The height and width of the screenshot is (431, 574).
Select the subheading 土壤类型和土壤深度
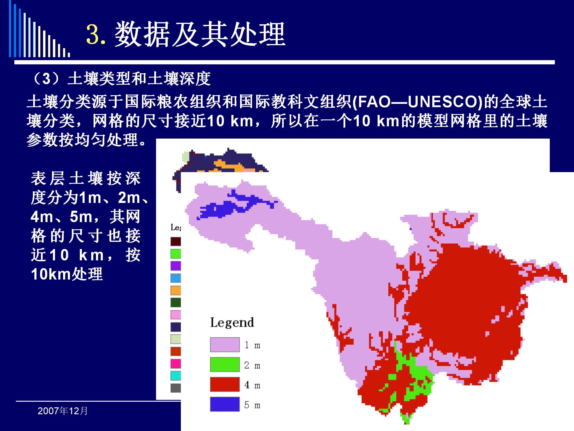[x=139, y=79]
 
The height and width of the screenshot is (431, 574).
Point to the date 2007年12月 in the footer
[x=63, y=411]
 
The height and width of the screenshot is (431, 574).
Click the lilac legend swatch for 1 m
[x=225, y=345]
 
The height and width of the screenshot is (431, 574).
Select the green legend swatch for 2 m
[x=225, y=365]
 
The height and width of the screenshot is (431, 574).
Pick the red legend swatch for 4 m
[x=225, y=384]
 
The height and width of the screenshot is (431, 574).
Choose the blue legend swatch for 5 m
[x=225, y=404]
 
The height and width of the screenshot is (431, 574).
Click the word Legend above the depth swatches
[x=232, y=323]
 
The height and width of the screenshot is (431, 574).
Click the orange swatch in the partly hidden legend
[x=176, y=290]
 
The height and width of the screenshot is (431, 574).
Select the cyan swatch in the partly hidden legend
[x=176, y=376]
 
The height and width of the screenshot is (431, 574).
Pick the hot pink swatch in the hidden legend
[x=176, y=364]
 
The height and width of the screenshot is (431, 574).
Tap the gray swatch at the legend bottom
[x=176, y=388]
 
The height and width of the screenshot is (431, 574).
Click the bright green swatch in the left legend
[x=176, y=254]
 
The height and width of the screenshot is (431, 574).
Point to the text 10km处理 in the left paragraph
[x=67, y=274]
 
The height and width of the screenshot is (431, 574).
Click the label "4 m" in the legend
[x=252, y=385]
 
